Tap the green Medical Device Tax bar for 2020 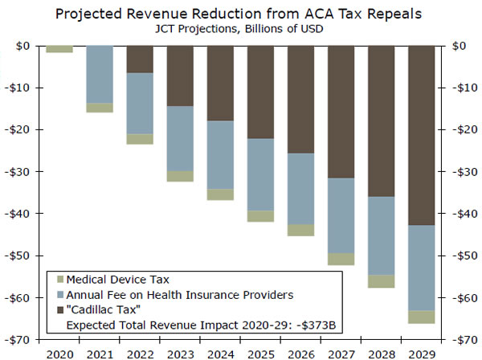click(59, 49)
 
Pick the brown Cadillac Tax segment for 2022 click(140, 59)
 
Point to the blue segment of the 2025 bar click(260, 174)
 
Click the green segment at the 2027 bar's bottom click(341, 259)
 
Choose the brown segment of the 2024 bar click(220, 83)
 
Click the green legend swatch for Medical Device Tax click(58, 280)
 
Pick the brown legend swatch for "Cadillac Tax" click(58, 309)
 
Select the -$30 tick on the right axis click(466, 172)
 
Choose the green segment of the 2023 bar click(180, 176)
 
